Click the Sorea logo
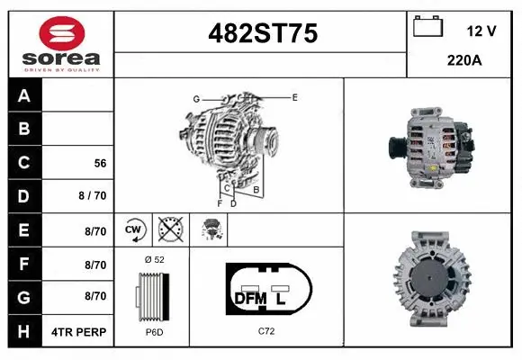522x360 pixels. pos(58,42)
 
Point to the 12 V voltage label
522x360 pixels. pos(481,31)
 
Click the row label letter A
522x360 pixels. pos(24,95)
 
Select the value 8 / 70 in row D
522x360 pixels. pos(93,196)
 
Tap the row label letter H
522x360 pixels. pos(24,331)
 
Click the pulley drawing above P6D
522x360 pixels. pos(150,296)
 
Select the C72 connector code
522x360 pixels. pos(265,332)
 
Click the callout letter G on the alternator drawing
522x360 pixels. pos(195,98)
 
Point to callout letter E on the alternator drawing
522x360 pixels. pos(294,95)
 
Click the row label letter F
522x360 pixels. pos(24,265)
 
